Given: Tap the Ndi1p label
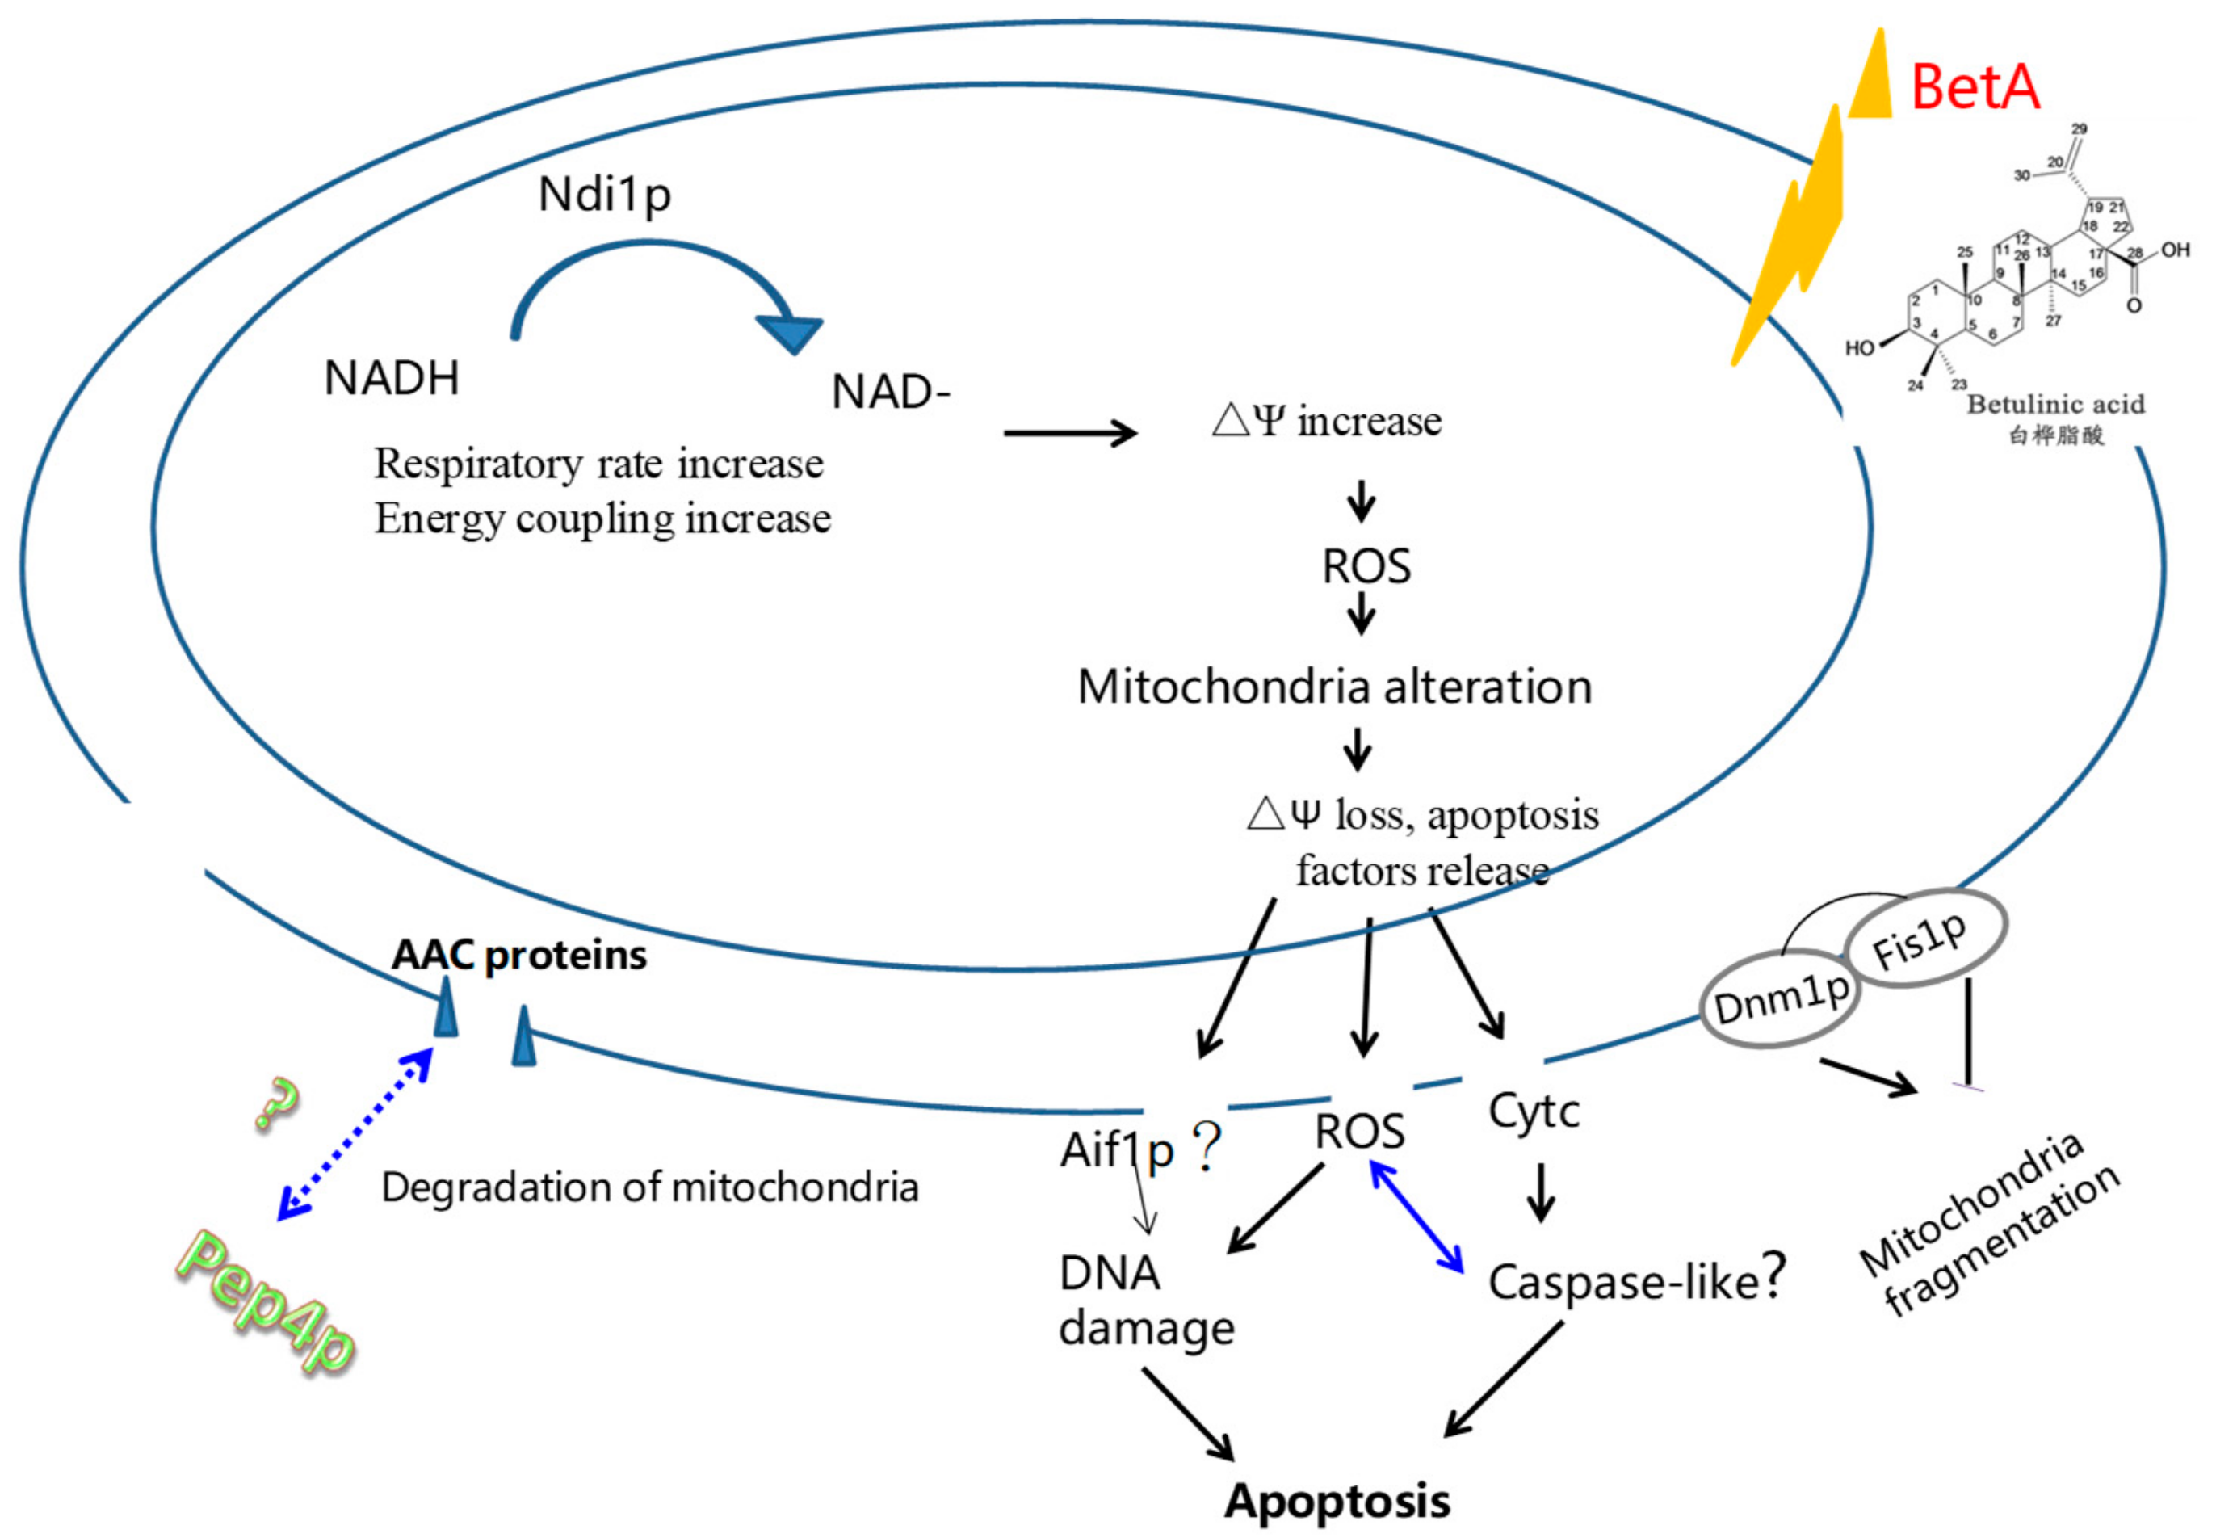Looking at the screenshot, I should (x=604, y=195).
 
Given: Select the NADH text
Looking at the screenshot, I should (x=391, y=379).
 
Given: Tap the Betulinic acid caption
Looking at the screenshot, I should (x=2055, y=405).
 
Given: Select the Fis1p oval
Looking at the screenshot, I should (x=1924, y=939).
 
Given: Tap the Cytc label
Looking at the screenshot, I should (x=1534, y=1111).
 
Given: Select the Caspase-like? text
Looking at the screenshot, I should (x=1636, y=1280).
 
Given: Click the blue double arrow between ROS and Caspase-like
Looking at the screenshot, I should (x=1416, y=1217).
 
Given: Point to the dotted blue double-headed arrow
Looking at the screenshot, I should (x=355, y=1134).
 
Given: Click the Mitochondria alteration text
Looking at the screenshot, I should (x=1334, y=687).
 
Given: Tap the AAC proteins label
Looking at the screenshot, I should (x=518, y=955).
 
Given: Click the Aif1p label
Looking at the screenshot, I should (x=1117, y=1149).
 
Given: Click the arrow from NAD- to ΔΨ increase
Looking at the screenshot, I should (x=1069, y=433).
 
